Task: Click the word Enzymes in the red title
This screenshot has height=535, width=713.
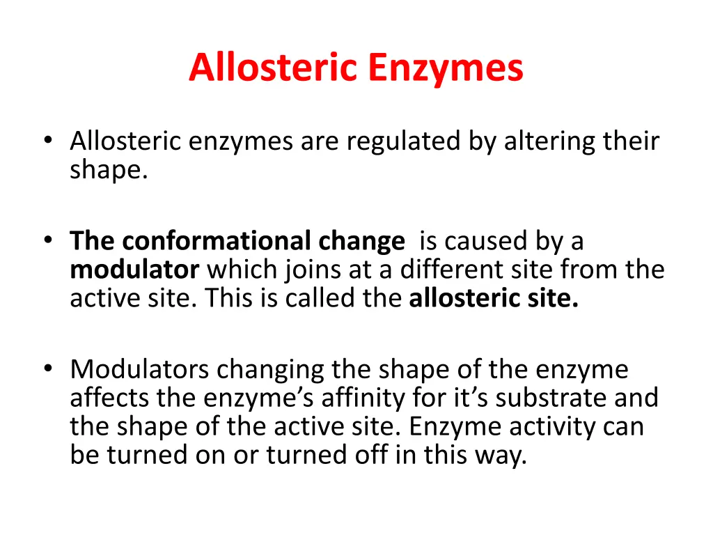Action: (x=446, y=68)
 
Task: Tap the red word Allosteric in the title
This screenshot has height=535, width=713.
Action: (x=274, y=68)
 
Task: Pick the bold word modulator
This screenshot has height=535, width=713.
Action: (x=134, y=270)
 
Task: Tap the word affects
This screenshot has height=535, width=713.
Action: (x=109, y=398)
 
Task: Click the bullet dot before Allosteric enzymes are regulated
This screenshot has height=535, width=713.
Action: (x=47, y=141)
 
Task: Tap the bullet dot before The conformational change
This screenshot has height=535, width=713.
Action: (x=47, y=241)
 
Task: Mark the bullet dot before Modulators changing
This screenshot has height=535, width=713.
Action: (x=47, y=369)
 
